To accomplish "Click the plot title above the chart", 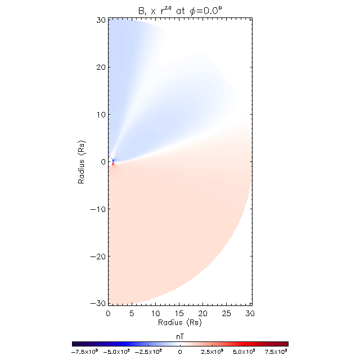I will [x=180, y=8].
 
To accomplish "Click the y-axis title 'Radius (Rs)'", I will [x=82, y=161].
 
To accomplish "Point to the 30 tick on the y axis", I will [x=101, y=20].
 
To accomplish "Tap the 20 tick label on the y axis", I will [x=101, y=67].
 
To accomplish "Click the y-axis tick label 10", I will [x=101, y=115].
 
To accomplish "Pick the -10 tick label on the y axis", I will [x=98, y=209].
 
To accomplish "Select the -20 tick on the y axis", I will [x=98, y=256].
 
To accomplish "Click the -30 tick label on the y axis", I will [x=98, y=303].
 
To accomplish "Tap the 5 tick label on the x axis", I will [x=132, y=313].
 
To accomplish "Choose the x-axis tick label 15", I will [x=179, y=313].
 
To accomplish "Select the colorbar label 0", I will [x=180, y=351].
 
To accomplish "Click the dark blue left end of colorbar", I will [x=75, y=343].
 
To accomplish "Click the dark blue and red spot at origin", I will [x=113, y=162].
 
